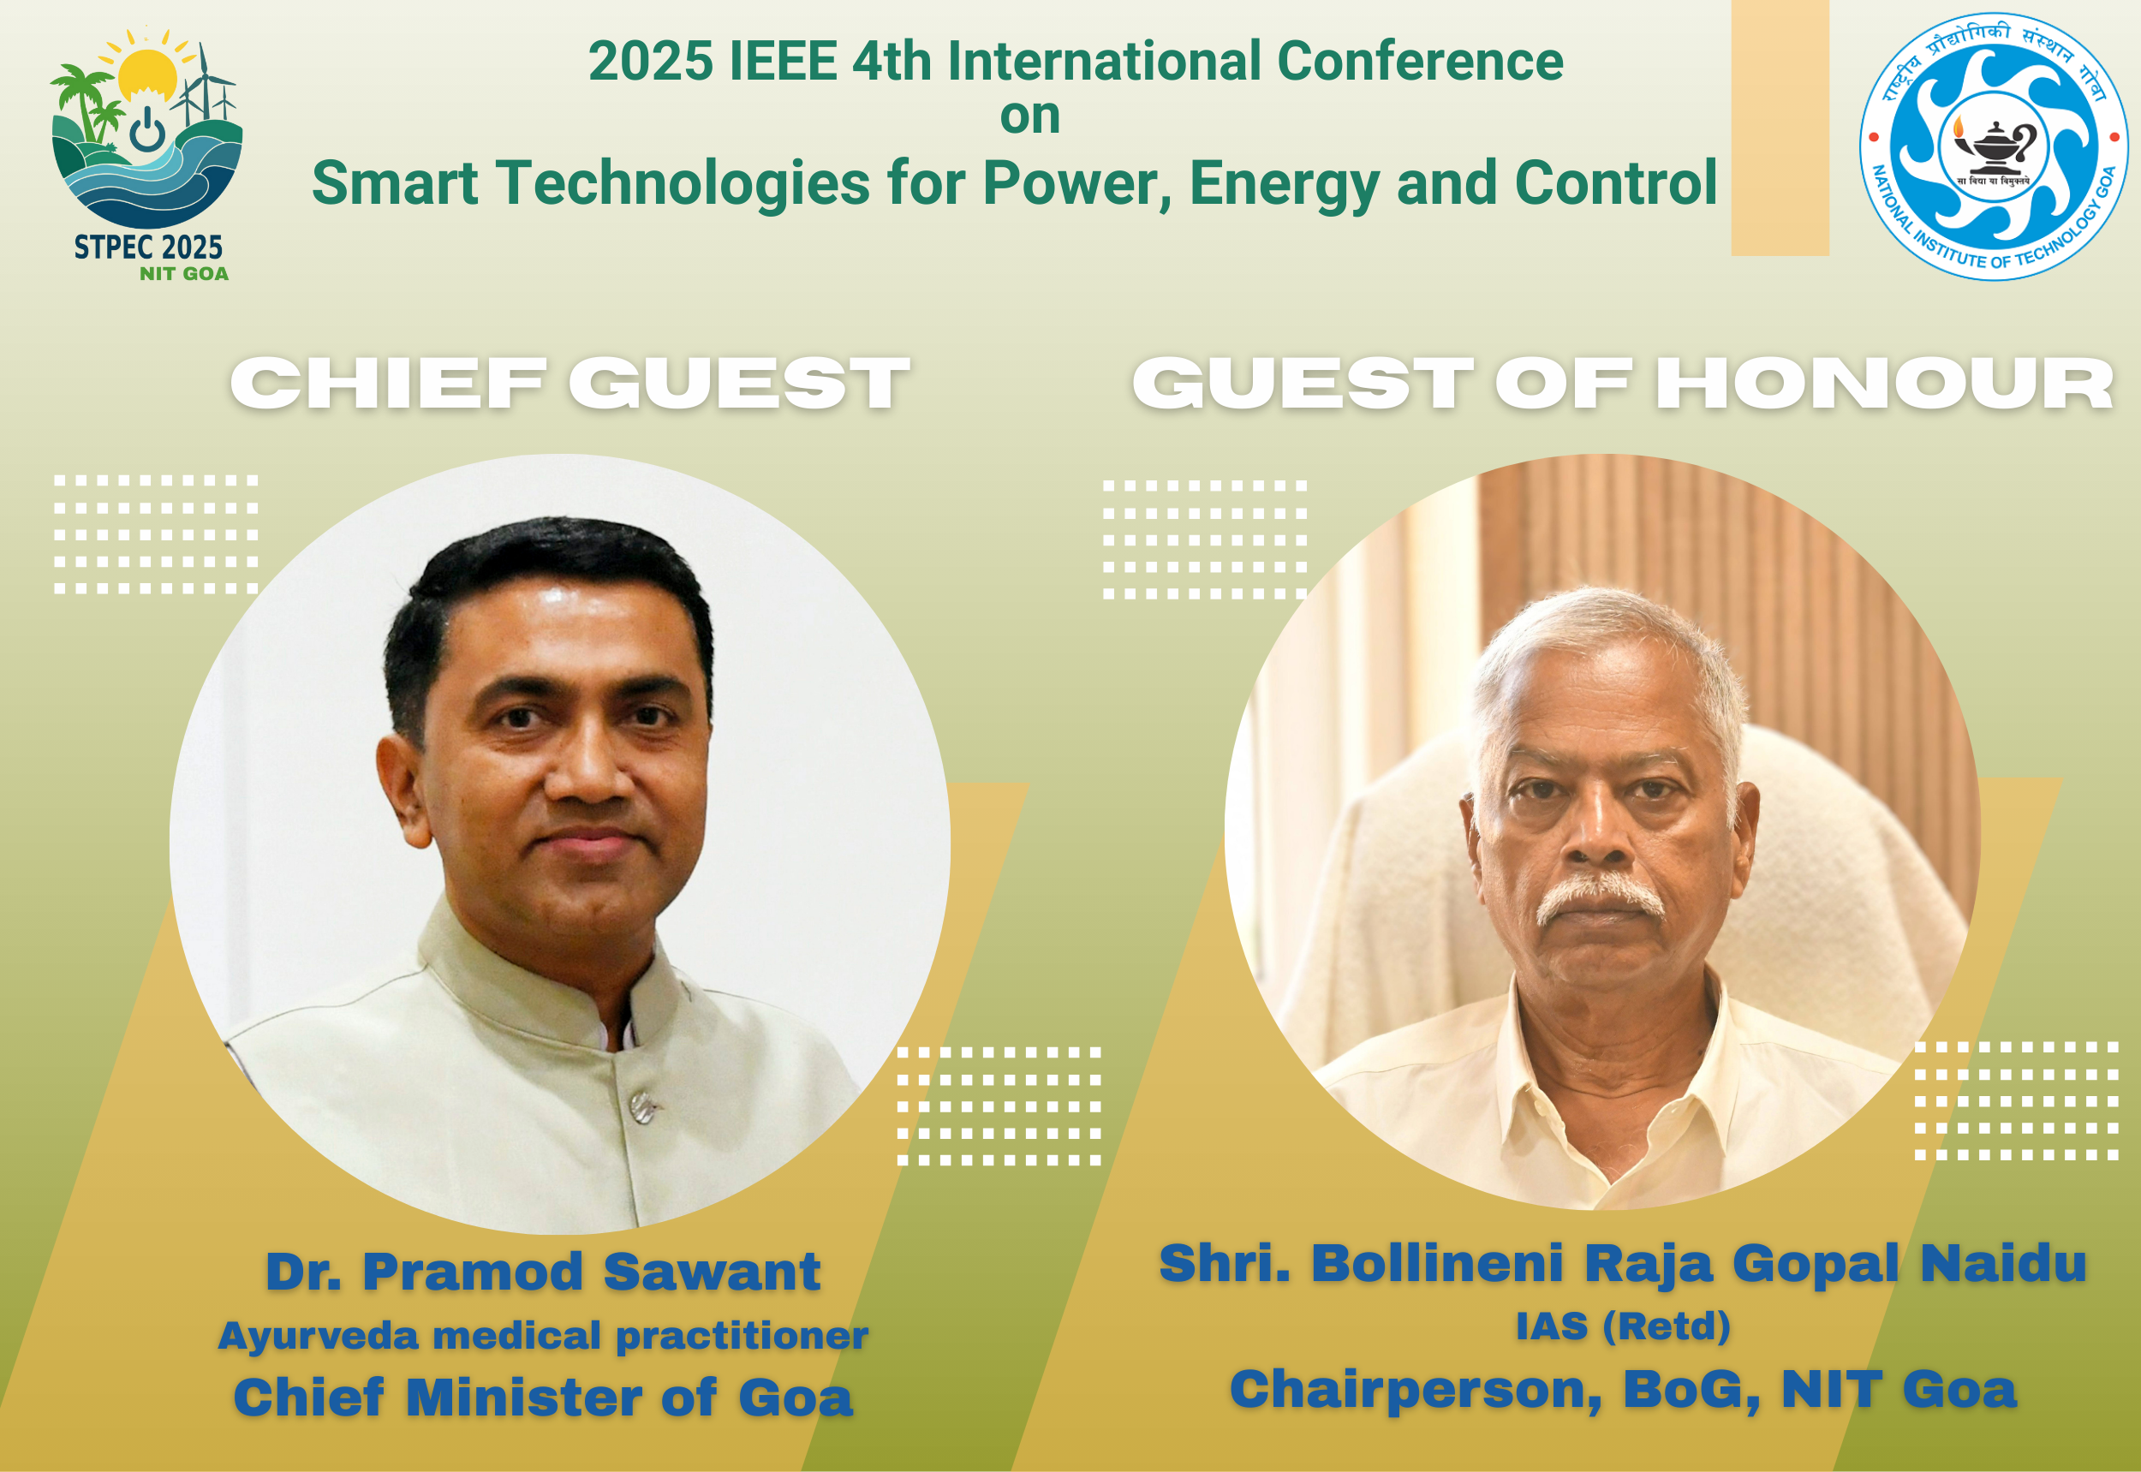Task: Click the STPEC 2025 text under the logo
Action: click(148, 247)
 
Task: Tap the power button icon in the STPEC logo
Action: click(147, 130)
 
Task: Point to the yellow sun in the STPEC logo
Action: click(147, 74)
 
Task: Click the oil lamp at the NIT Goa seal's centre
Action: click(1995, 148)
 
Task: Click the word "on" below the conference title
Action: click(1029, 117)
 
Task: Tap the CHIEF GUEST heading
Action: click(570, 383)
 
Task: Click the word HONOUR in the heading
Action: click(1885, 383)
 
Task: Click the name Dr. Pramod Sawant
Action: click(543, 1272)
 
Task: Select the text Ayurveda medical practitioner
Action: click(543, 1336)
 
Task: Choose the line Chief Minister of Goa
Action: click(543, 1398)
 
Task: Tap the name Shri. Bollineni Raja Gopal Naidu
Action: click(1623, 1263)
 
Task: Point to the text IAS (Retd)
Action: click(1624, 1326)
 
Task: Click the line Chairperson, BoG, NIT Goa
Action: click(1624, 1389)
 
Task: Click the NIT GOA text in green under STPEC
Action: click(183, 274)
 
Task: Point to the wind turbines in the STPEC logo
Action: click(204, 87)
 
